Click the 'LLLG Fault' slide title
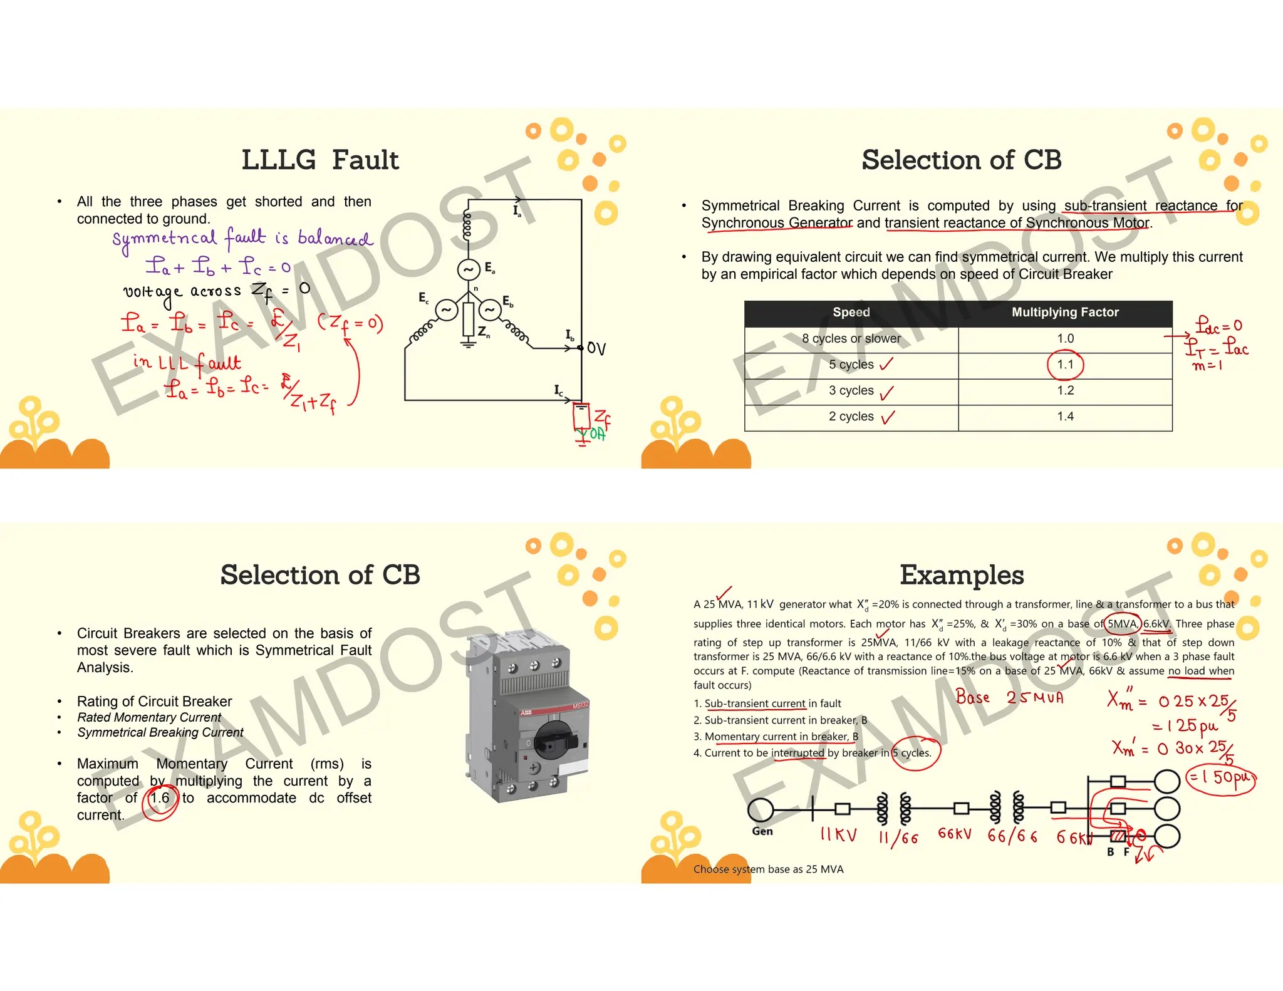pyautogui.click(x=319, y=160)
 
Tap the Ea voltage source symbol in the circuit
pyautogui.click(x=468, y=270)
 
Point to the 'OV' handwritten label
pyautogui.click(x=596, y=348)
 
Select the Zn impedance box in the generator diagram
pyautogui.click(x=468, y=319)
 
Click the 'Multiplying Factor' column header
pyautogui.click(x=1064, y=312)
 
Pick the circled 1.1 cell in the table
pyautogui.click(x=1065, y=365)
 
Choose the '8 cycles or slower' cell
pyautogui.click(x=851, y=339)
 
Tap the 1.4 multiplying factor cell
pyautogui.click(x=1065, y=417)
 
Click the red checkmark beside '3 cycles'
pyautogui.click(x=886, y=393)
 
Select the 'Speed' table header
pyautogui.click(x=851, y=312)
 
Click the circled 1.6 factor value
pyautogui.click(x=160, y=798)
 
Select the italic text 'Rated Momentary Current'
pyautogui.click(x=149, y=717)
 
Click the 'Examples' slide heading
pyautogui.click(x=962, y=575)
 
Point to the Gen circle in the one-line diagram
pyautogui.click(x=761, y=809)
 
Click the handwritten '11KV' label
pyautogui.click(x=838, y=835)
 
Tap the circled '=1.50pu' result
pyautogui.click(x=1221, y=779)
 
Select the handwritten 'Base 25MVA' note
pyautogui.click(x=1009, y=697)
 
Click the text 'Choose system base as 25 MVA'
pyautogui.click(x=768, y=869)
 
